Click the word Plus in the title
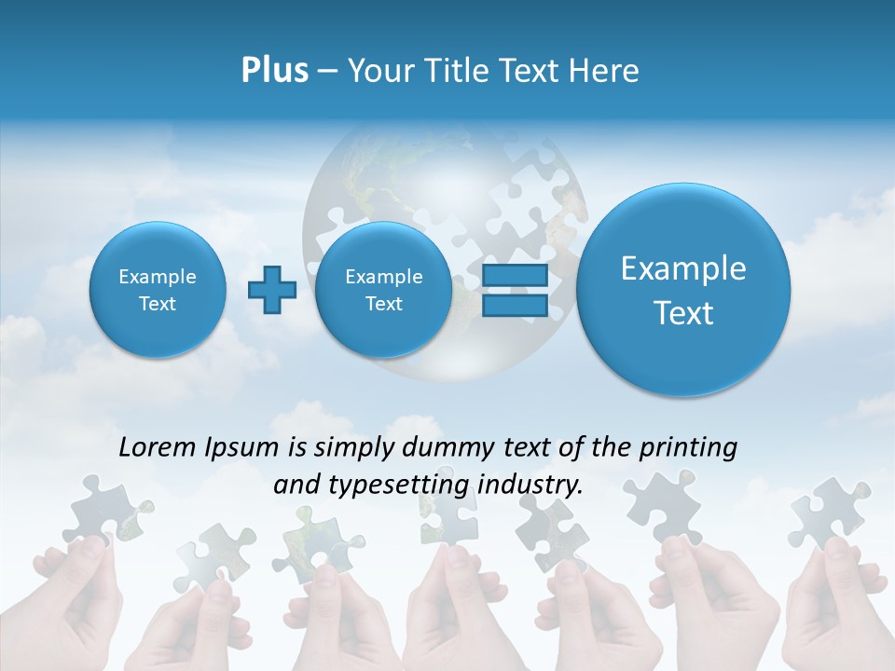(274, 71)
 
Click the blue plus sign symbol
(272, 289)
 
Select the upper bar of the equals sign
(515, 276)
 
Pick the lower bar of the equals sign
(515, 306)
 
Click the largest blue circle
(683, 290)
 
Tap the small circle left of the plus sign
(158, 290)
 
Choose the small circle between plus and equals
(383, 290)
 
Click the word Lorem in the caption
(158, 447)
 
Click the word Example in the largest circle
(683, 268)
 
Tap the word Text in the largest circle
(683, 313)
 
